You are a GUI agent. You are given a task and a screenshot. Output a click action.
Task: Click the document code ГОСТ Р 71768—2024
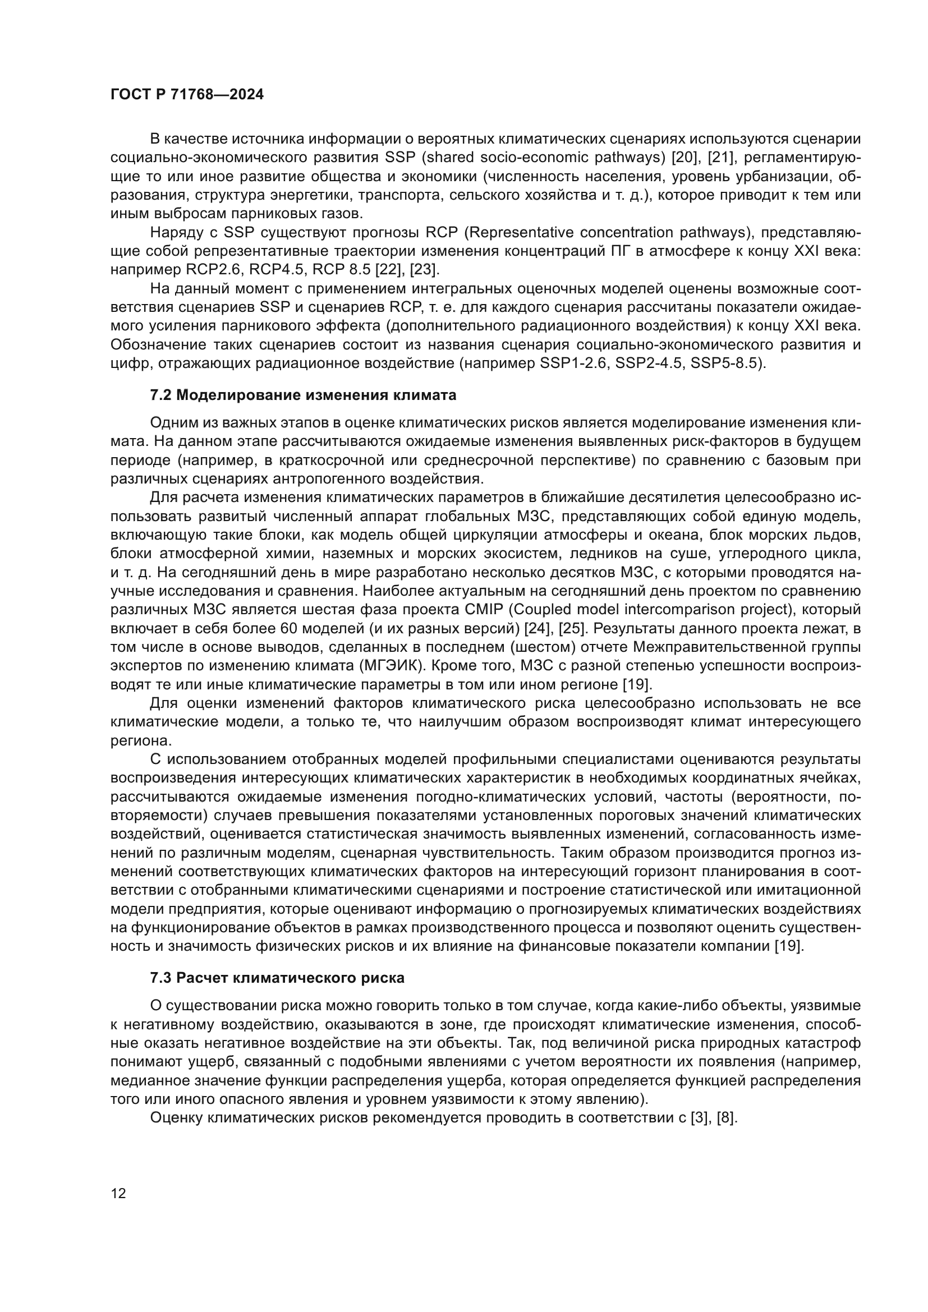187,95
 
